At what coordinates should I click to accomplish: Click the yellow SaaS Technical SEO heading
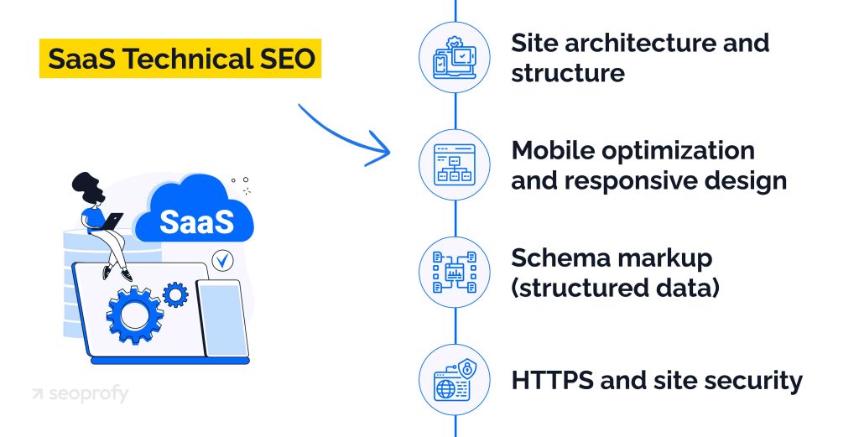pyautogui.click(x=180, y=59)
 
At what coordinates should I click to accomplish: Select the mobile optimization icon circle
pyautogui.click(x=454, y=164)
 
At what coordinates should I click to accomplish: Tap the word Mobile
pyautogui.click(x=554, y=151)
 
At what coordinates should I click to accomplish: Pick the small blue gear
pyautogui.click(x=175, y=294)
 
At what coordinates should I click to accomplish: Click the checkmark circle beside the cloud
pyautogui.click(x=222, y=262)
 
